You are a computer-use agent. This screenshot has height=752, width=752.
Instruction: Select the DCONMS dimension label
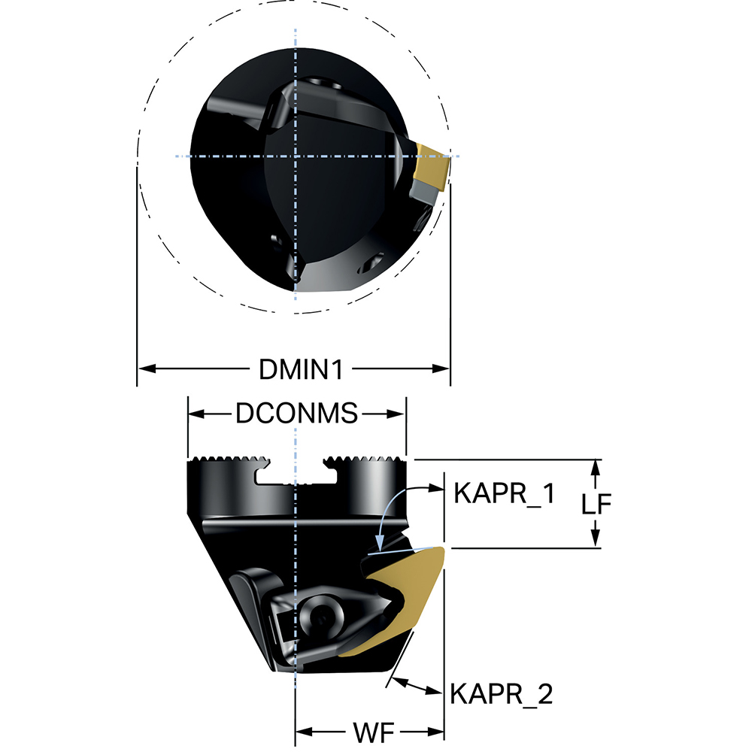(296, 413)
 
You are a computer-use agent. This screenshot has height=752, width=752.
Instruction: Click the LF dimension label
(596, 503)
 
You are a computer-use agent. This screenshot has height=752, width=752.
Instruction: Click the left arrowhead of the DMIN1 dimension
(145, 368)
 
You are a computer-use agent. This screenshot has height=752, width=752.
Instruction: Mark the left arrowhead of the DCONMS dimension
(196, 413)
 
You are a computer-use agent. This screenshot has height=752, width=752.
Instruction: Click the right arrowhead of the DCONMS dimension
(399, 413)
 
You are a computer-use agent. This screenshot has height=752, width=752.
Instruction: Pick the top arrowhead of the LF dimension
(595, 466)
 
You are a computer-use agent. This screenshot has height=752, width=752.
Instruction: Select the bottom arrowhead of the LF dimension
(595, 540)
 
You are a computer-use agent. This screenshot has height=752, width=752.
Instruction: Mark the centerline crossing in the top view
(296, 156)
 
